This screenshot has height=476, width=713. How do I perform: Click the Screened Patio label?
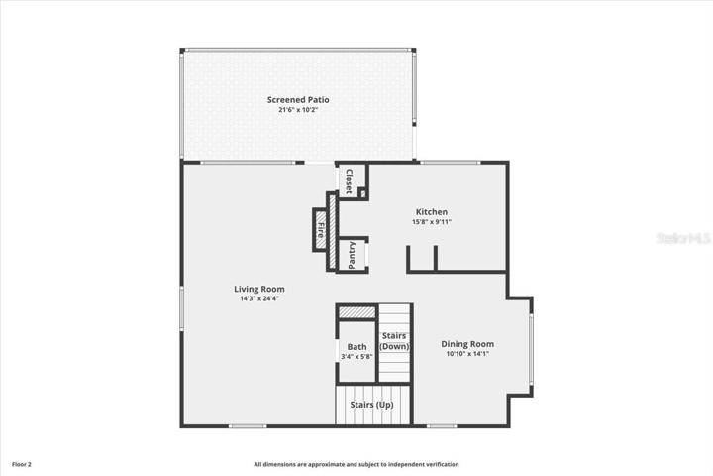[x=298, y=100]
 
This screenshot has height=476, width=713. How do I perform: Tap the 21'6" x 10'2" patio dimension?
[x=298, y=110]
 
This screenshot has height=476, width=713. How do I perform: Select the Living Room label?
[x=259, y=289]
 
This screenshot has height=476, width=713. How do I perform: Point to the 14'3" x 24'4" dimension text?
[x=259, y=298]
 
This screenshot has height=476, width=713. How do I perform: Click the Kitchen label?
[x=432, y=212]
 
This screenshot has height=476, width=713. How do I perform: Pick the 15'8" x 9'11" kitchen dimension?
[x=432, y=222]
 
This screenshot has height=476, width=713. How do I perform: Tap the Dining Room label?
[x=467, y=344]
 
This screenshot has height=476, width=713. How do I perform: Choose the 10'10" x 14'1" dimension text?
[x=467, y=354]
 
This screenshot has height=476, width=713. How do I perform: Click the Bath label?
[x=356, y=347]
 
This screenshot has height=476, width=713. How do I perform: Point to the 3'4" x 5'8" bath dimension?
[x=356, y=357]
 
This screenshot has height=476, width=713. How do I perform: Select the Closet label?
[x=350, y=181]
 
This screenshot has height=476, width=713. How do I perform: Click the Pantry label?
[x=352, y=255]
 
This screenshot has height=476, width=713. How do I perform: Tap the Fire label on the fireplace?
[x=321, y=230]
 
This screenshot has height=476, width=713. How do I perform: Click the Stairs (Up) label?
[x=371, y=405]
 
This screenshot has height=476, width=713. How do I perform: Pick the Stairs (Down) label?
[x=394, y=341]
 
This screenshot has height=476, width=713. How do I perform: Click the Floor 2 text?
[x=22, y=465]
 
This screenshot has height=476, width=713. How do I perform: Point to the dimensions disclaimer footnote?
[x=356, y=465]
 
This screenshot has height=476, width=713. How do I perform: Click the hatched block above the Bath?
[x=356, y=312]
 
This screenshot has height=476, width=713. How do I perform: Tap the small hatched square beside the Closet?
[x=362, y=193]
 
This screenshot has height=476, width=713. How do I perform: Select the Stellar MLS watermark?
[x=683, y=238]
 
